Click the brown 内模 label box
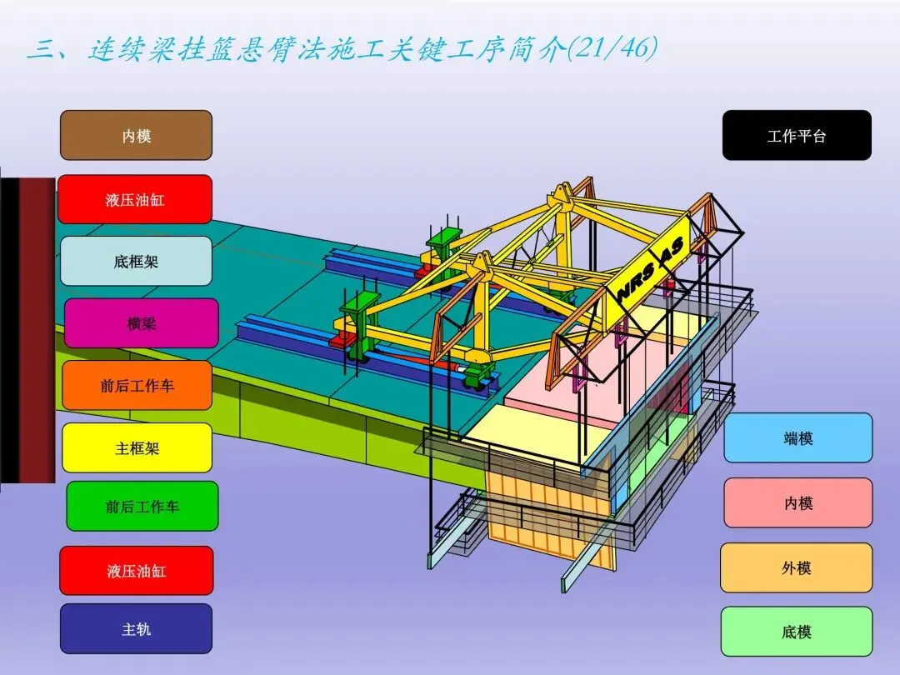(x=136, y=135)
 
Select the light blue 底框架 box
(x=136, y=261)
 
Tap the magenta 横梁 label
(x=141, y=323)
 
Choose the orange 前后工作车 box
(x=137, y=385)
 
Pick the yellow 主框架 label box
(x=137, y=447)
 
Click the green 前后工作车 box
(x=142, y=506)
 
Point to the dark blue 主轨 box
(x=136, y=629)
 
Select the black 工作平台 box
(x=796, y=135)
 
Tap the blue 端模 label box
(x=797, y=437)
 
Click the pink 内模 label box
(x=797, y=502)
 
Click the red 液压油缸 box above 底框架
(x=135, y=199)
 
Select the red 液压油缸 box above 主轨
(x=136, y=571)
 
